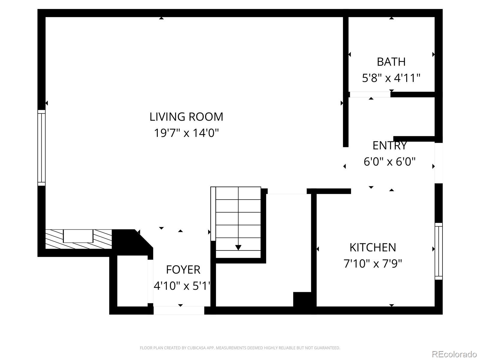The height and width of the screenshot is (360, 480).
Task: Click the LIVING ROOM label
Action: click(x=186, y=117)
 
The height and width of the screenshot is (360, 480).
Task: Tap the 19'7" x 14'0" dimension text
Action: click(x=186, y=133)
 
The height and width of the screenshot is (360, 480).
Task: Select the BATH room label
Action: click(x=391, y=62)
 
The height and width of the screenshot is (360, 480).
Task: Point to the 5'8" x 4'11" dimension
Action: click(x=391, y=78)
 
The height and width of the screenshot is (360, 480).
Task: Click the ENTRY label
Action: click(x=389, y=145)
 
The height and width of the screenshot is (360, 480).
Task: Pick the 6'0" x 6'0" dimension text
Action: click(x=389, y=162)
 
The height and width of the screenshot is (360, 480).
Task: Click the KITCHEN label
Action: click(x=373, y=247)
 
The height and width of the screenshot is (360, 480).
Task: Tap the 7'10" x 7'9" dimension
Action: click(x=373, y=264)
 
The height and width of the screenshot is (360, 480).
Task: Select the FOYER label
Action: click(x=183, y=270)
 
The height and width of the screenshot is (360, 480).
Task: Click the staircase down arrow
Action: click(x=238, y=247)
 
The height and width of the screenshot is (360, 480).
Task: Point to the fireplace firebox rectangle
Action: click(x=78, y=236)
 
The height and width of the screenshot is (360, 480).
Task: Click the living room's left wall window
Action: click(x=41, y=148)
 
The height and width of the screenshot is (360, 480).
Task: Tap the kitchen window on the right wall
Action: click(x=439, y=251)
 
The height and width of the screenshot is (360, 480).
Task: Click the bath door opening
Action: click(x=370, y=94)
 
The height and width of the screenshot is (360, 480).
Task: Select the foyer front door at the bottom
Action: click(x=179, y=310)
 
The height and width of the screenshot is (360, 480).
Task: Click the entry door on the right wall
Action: click(x=439, y=163)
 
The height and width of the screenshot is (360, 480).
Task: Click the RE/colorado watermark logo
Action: click(x=454, y=354)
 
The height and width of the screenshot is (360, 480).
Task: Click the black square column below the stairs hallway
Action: click(x=302, y=299)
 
